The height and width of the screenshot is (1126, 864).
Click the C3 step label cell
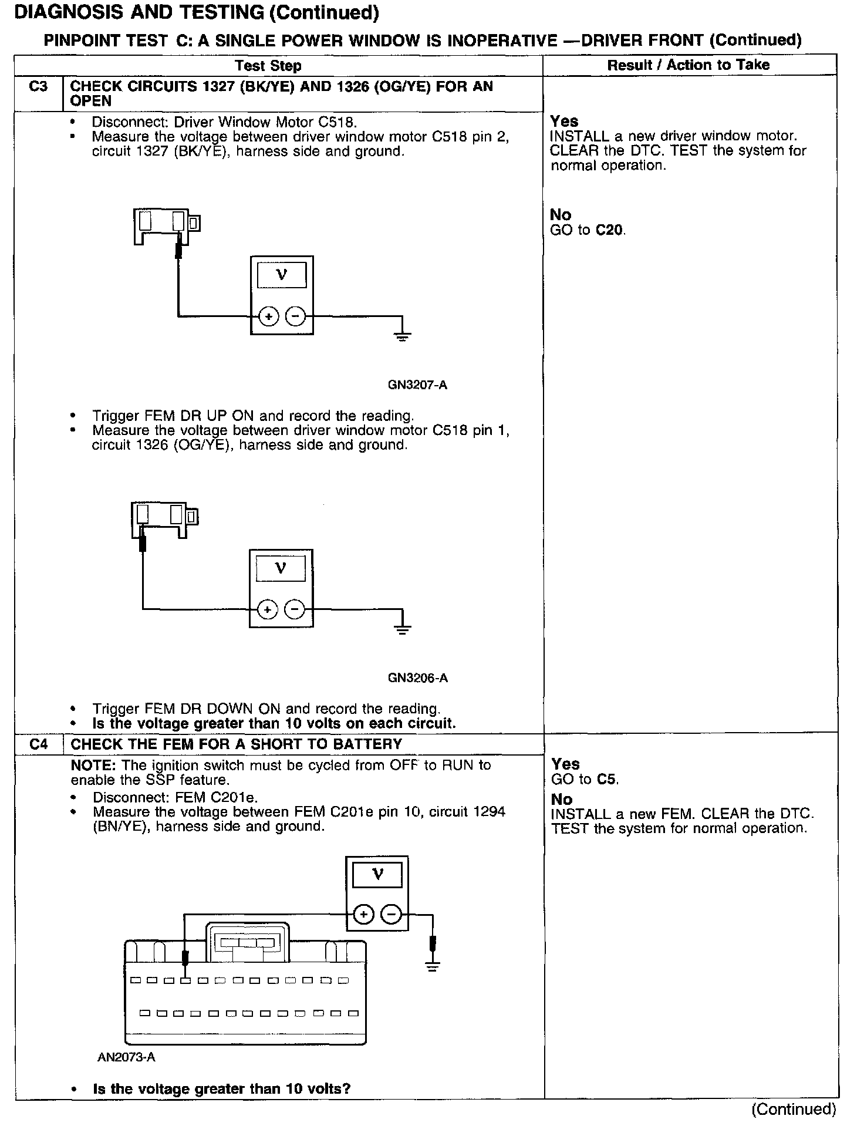38,87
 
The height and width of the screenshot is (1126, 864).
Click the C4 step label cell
39,744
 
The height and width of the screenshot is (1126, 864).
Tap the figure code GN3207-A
417,385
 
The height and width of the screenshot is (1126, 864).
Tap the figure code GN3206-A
417,678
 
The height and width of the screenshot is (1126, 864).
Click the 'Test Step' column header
268,66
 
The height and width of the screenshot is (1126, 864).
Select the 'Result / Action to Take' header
688,65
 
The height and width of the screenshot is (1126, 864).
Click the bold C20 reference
609,230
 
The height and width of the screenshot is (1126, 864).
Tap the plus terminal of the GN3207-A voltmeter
268,317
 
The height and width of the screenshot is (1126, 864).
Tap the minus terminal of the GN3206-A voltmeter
295,610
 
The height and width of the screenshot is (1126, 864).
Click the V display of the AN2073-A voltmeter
377,876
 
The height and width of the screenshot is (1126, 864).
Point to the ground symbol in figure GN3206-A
402,629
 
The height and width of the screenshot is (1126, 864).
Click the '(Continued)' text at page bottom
794,1108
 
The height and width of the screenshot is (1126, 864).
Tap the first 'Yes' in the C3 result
564,122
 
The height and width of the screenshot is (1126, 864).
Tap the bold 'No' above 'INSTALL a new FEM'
561,799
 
